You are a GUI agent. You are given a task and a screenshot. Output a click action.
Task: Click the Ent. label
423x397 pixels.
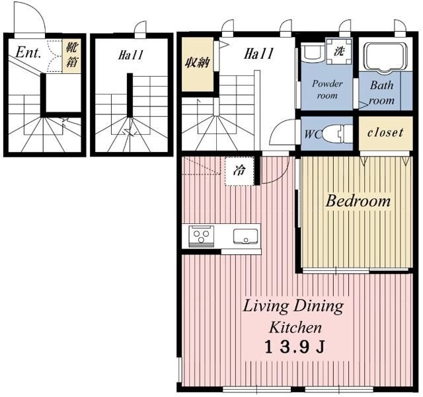pyautogui.click(x=28, y=52)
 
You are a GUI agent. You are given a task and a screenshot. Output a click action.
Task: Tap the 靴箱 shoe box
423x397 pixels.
pyautogui.click(x=71, y=56)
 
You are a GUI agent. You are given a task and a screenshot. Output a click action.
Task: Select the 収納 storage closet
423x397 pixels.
pyautogui.click(x=198, y=65)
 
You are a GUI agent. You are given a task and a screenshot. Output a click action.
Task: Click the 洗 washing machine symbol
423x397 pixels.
pyautogui.click(x=339, y=51)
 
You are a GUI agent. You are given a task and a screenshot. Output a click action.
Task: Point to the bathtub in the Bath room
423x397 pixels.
pyautogui.click(x=385, y=57)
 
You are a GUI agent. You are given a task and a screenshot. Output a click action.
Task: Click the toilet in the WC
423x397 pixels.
pyautogui.click(x=337, y=133)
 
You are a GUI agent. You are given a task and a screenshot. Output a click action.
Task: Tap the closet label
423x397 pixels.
pyautogui.click(x=385, y=132)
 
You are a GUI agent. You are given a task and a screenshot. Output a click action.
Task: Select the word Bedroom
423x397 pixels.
pyautogui.click(x=358, y=201)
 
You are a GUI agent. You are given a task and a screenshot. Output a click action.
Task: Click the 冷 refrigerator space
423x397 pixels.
pyautogui.click(x=239, y=171)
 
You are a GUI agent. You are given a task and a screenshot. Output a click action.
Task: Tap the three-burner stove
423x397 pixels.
pyautogui.click(x=202, y=236)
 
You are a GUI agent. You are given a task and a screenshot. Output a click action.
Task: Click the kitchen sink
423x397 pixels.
pyautogui.click(x=245, y=236)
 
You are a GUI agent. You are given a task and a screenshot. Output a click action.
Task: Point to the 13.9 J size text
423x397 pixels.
pyautogui.click(x=294, y=347)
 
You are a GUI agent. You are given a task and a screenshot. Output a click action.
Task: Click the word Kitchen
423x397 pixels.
pyautogui.click(x=295, y=328)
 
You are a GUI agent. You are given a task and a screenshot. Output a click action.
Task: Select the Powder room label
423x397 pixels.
pyautogui.click(x=327, y=89)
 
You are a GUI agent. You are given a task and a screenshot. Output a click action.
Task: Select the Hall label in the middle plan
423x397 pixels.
pyautogui.click(x=130, y=55)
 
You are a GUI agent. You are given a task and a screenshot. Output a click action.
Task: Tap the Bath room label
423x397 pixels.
pyautogui.click(x=381, y=92)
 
